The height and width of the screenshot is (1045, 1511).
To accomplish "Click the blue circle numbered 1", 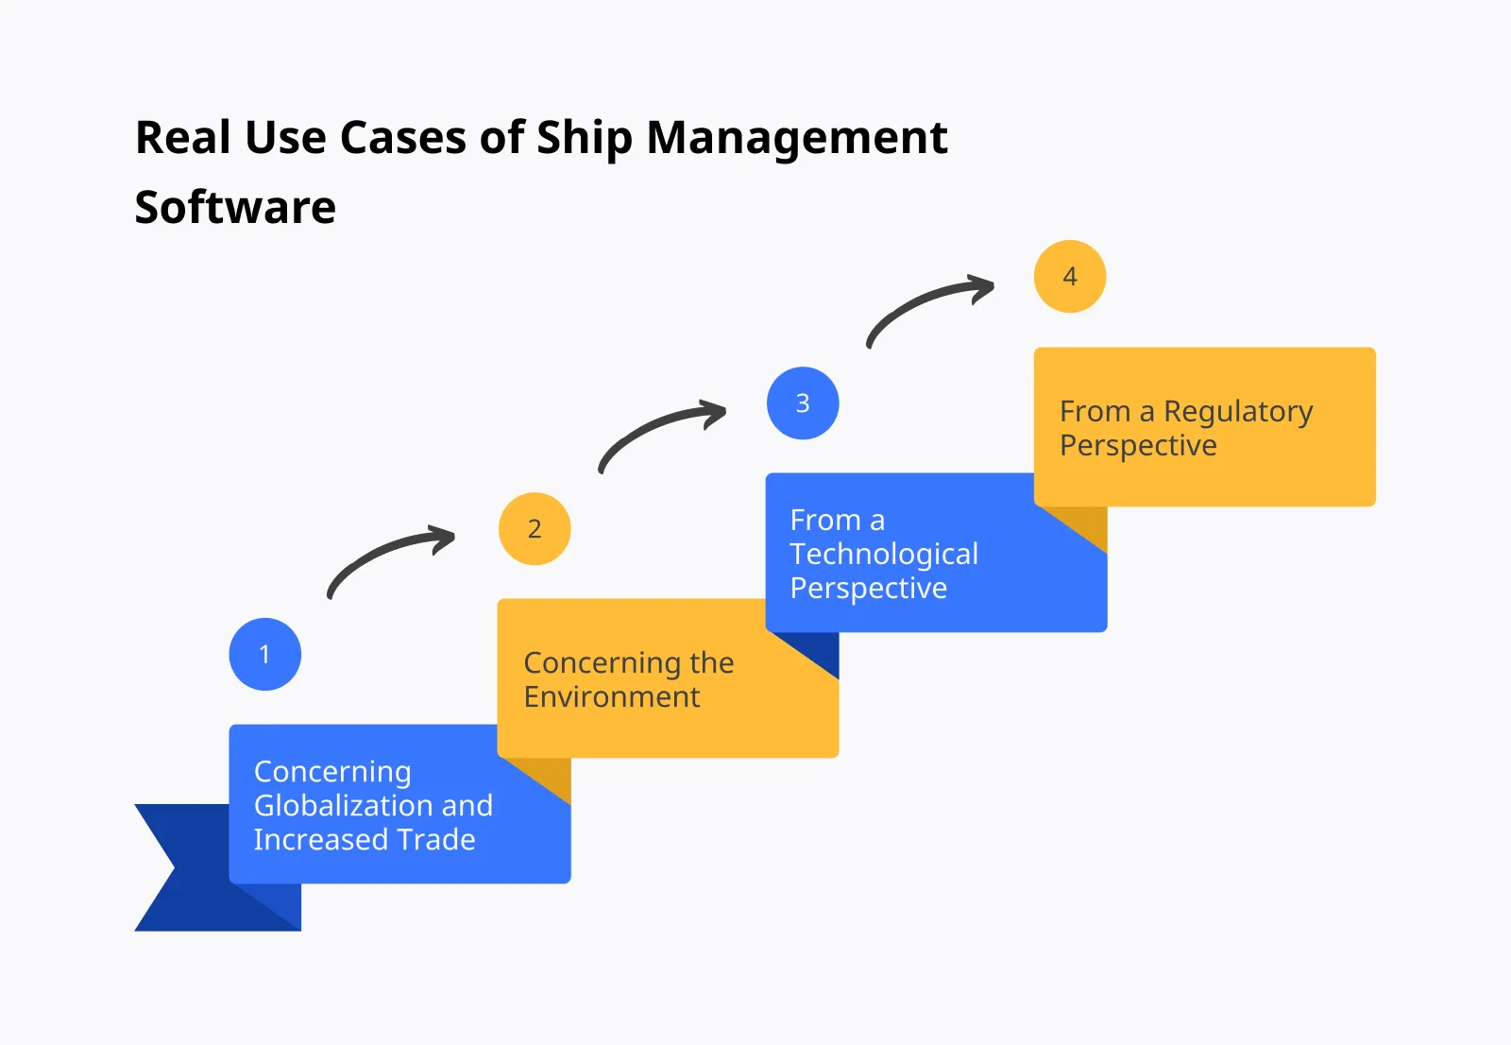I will pos(264,654).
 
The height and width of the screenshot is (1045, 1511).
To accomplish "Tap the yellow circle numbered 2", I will pos(535,528).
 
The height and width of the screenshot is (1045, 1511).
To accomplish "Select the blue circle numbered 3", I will pos(803,403).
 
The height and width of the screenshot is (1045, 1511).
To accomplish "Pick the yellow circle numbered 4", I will pos(1070,276).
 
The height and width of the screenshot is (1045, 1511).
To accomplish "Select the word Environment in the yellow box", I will pos(612,697).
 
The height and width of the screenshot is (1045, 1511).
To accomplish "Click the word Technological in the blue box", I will pos(884,554).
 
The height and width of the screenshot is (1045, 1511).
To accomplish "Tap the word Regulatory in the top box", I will pos(1238,412).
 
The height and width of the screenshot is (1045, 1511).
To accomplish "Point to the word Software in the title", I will pos(235,207).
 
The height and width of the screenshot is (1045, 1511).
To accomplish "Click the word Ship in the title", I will pos(585,138).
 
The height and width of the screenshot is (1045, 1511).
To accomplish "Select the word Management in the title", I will pos(797,138).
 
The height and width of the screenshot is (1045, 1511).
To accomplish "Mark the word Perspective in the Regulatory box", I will pos(1138,445).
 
